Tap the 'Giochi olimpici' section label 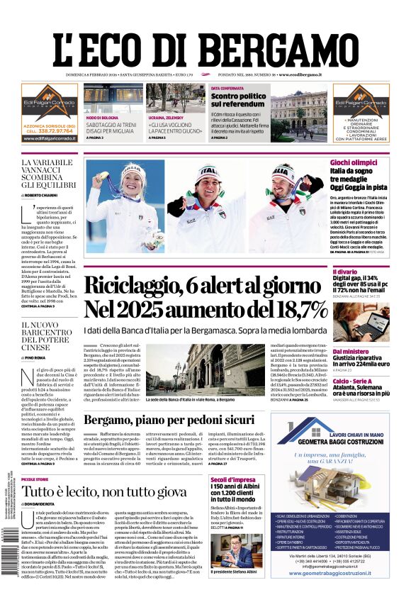(x=354, y=162)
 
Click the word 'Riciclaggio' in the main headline (x=135, y=285)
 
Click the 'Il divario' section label (x=344, y=272)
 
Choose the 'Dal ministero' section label (x=350, y=352)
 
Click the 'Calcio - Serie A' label (x=354, y=381)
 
